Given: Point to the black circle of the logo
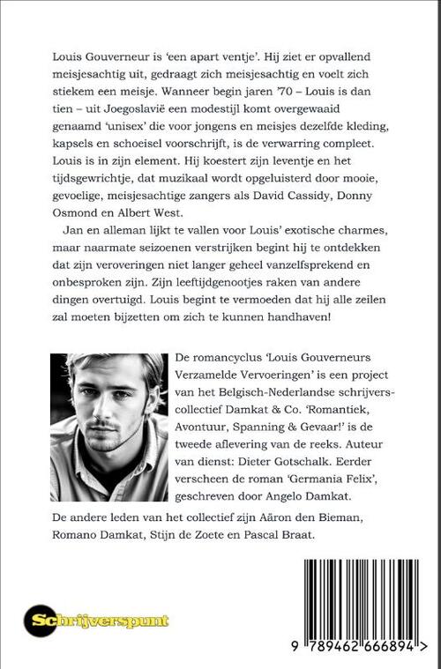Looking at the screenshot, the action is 41,621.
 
